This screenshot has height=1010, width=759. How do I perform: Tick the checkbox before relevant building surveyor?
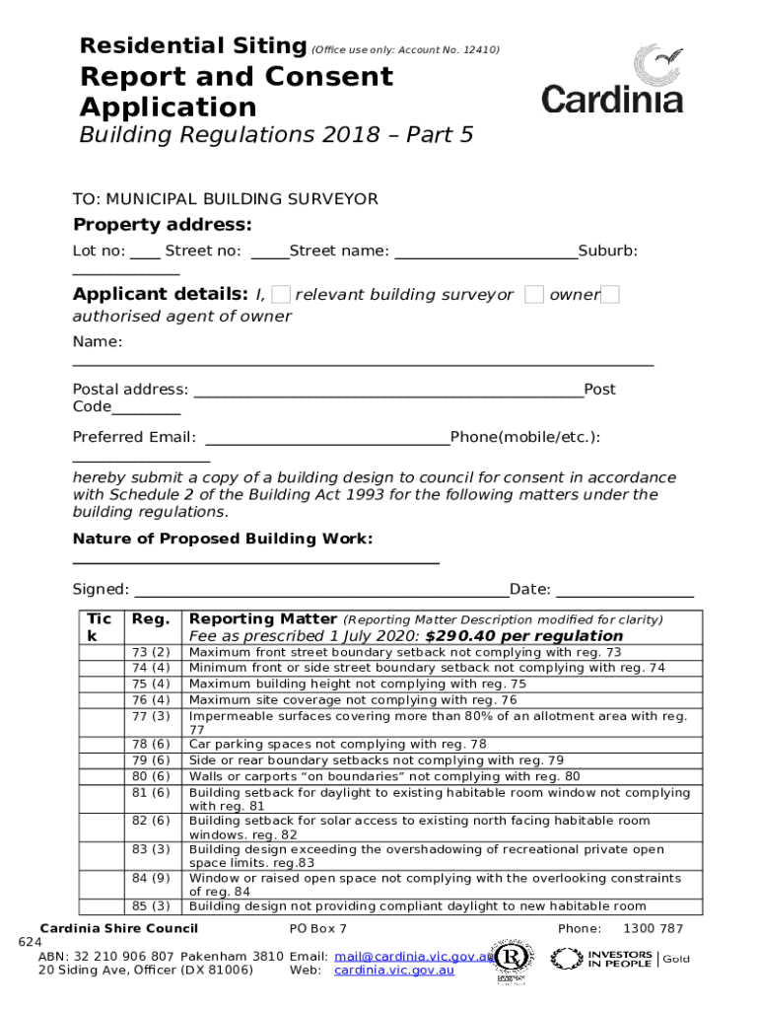click(281, 294)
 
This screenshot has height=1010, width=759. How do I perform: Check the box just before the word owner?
click(534, 294)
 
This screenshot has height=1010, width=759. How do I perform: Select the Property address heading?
click(163, 224)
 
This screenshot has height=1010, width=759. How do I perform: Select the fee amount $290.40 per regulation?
click(524, 636)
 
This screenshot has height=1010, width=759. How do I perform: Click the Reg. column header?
click(151, 619)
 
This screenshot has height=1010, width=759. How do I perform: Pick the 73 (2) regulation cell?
click(151, 653)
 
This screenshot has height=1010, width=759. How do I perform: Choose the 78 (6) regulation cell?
click(151, 745)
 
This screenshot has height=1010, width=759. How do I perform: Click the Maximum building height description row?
click(357, 684)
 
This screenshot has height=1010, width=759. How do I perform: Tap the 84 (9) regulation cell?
click(151, 878)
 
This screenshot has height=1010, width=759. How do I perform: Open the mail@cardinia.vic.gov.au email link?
click(412, 956)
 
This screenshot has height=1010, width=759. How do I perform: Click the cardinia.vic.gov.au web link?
click(394, 971)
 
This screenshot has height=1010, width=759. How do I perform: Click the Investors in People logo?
click(601, 958)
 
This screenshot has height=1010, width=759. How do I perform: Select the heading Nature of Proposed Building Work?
click(223, 539)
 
